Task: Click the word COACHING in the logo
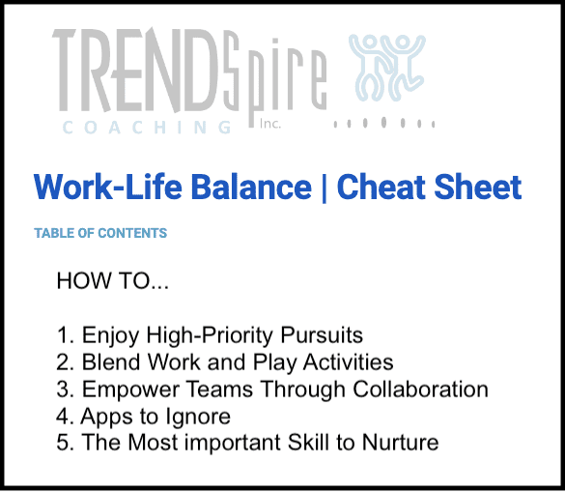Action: pyautogui.click(x=147, y=128)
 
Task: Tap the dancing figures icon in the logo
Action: pyautogui.click(x=387, y=68)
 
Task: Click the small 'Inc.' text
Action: pyautogui.click(x=269, y=124)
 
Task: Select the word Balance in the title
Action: pyautogui.click(x=251, y=187)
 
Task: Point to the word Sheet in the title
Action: pyautogui.click(x=478, y=187)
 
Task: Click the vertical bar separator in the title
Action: pyautogui.click(x=324, y=188)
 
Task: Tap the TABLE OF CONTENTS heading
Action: pyautogui.click(x=100, y=233)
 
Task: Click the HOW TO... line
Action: pyautogui.click(x=112, y=280)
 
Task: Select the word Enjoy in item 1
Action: pyautogui.click(x=110, y=336)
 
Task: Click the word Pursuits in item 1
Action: pyautogui.click(x=322, y=335)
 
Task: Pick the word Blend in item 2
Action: pyautogui.click(x=111, y=362)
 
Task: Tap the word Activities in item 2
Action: pyautogui.click(x=348, y=362)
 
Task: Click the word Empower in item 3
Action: pyautogui.click(x=130, y=390)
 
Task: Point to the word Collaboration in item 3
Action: pyautogui.click(x=420, y=390)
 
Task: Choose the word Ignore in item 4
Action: pyautogui.click(x=198, y=418)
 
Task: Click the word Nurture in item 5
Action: pyautogui.click(x=400, y=442)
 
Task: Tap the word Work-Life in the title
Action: pyautogui.click(x=108, y=187)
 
